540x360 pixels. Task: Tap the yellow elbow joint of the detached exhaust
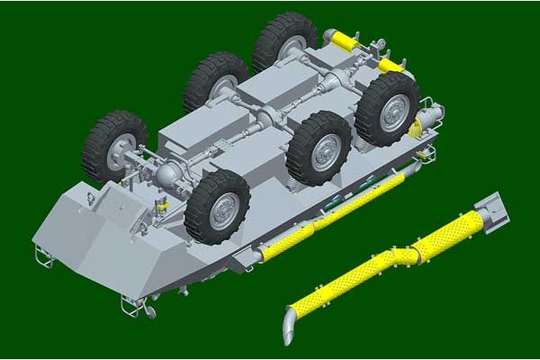click(409, 255)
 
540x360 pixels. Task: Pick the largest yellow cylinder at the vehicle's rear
click(342, 40)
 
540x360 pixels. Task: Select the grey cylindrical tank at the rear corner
click(430, 114)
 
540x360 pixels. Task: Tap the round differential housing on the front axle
click(169, 173)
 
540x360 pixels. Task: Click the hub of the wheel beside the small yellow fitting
click(220, 211)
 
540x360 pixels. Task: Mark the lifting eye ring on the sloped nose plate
click(93, 190)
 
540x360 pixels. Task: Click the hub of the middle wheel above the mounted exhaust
click(323, 152)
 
